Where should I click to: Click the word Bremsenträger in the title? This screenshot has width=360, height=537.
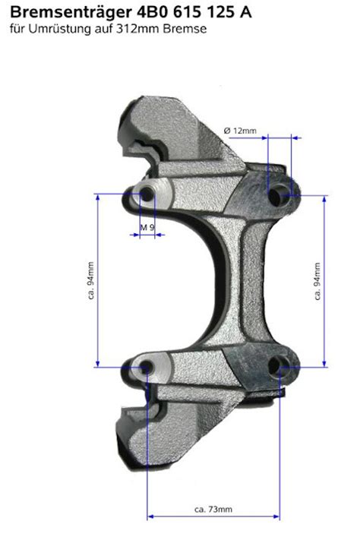pyautogui.click(x=71, y=13)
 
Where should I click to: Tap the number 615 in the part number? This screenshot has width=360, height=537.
pyautogui.click(x=185, y=12)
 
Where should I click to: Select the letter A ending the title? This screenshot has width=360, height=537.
pyautogui.click(x=245, y=12)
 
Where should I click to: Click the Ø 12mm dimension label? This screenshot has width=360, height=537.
pyautogui.click(x=240, y=131)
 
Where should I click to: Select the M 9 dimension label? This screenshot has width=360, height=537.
pyautogui.click(x=147, y=227)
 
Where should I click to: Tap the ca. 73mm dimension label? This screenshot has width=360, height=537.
pyautogui.click(x=213, y=509)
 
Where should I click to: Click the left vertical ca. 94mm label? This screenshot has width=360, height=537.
pyautogui.click(x=91, y=280)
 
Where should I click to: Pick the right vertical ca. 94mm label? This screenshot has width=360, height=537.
pyautogui.click(x=317, y=281)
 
